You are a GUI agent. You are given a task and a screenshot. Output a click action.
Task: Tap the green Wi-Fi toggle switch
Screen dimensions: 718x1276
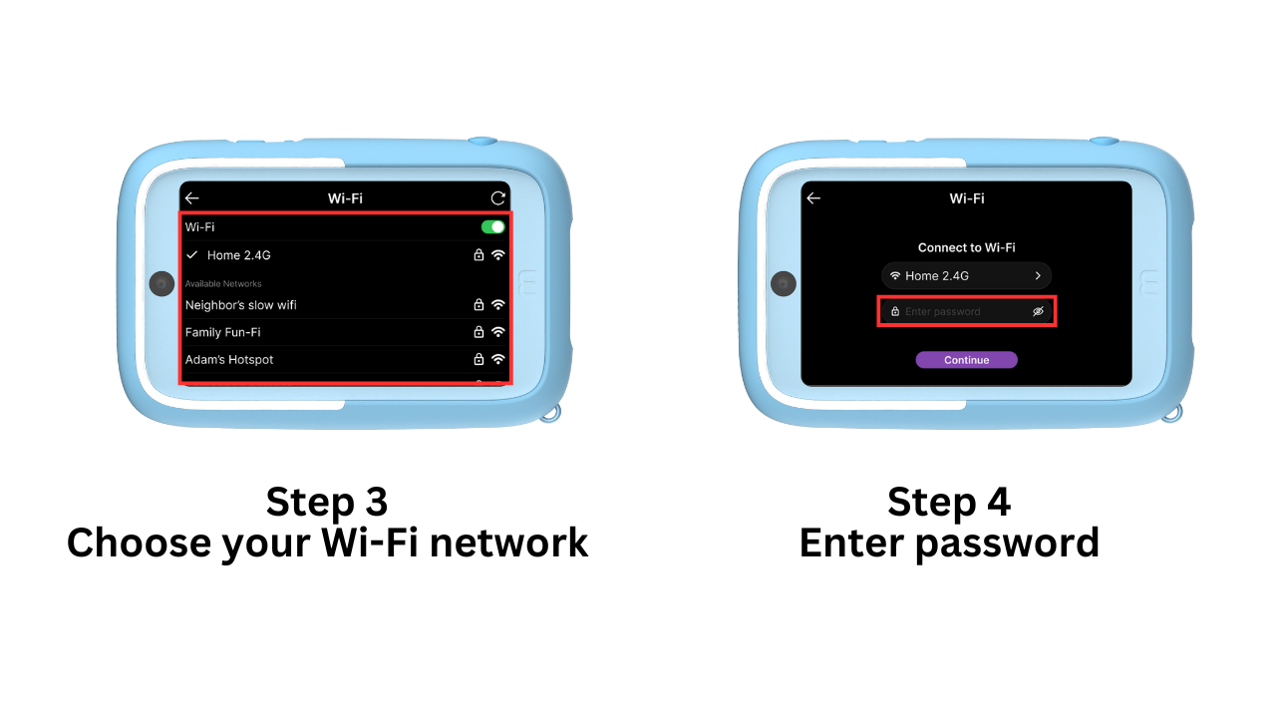point(493,227)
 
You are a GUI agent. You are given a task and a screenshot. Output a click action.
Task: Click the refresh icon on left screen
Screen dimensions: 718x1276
point(498,198)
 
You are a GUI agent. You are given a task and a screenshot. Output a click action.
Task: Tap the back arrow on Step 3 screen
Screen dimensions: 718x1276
point(192,198)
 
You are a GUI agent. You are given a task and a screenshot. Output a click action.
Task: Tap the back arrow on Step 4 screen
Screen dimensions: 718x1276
point(813,198)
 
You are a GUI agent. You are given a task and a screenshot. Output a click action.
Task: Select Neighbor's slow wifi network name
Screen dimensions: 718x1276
point(241,305)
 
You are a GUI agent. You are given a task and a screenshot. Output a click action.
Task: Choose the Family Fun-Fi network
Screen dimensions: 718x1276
point(223,332)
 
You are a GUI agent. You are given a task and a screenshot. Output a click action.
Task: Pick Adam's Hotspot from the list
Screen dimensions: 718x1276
point(229,359)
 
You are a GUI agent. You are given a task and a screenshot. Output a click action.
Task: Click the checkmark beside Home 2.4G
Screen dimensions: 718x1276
point(191,255)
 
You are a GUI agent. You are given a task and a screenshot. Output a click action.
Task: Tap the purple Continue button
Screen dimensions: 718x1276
point(966,360)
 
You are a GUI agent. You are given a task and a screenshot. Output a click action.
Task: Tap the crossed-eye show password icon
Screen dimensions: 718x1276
point(1038,312)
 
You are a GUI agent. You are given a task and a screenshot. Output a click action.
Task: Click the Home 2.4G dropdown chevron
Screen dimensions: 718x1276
point(1038,276)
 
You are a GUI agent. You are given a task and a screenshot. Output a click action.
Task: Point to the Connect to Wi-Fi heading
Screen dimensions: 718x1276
point(966,247)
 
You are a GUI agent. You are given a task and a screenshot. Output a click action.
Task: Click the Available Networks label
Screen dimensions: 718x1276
point(223,284)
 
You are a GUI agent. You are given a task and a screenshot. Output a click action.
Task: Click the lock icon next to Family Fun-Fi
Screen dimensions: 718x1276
point(478,332)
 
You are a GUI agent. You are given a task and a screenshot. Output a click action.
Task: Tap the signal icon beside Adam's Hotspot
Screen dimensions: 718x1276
point(498,359)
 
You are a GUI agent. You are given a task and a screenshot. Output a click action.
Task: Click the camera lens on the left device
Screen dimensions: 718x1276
point(161,284)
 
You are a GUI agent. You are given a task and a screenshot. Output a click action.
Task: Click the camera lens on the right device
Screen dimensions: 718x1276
point(784,284)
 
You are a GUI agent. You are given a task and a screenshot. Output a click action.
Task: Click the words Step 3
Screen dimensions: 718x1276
point(327,502)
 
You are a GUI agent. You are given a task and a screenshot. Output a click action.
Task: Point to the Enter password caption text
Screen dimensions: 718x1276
point(949,543)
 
